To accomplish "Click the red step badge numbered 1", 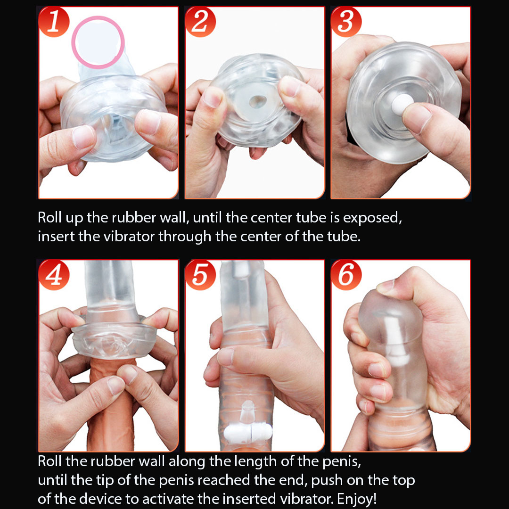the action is pyautogui.click(x=54, y=22).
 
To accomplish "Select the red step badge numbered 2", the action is pyautogui.click(x=200, y=22).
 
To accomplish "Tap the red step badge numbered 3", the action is pyautogui.click(x=346, y=22).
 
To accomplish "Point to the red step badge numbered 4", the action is pyautogui.click(x=54, y=275).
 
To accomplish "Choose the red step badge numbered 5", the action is pyautogui.click(x=200, y=275).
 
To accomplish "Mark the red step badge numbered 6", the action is pyautogui.click(x=346, y=275).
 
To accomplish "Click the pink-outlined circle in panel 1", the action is pyautogui.click(x=73, y=42).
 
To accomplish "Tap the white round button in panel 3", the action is pyautogui.click(x=401, y=104).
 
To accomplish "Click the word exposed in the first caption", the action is pyautogui.click(x=372, y=218).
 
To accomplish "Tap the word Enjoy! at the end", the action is pyautogui.click(x=357, y=498).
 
